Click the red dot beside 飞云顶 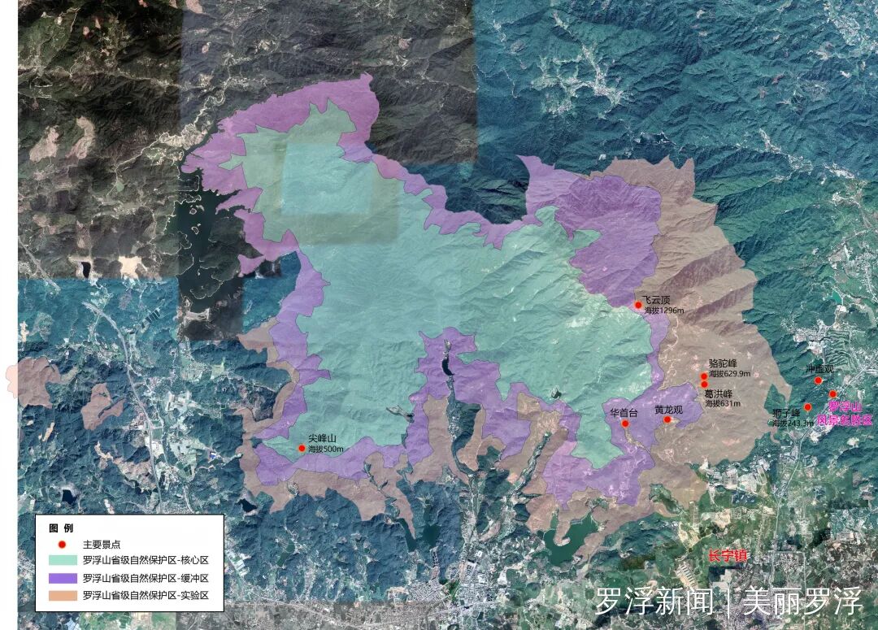pyautogui.click(x=639, y=305)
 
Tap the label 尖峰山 pyautogui.click(x=322, y=439)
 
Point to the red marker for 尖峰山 pyautogui.click(x=302, y=448)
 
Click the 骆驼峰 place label pyautogui.click(x=722, y=363)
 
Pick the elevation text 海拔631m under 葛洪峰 pyautogui.click(x=723, y=403)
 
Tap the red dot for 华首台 pyautogui.click(x=625, y=423)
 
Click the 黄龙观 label pyautogui.click(x=668, y=410)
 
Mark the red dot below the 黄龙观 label pyautogui.click(x=667, y=419)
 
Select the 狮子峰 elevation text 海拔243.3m pyautogui.click(x=792, y=423)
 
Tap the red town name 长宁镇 pyautogui.click(x=727, y=556)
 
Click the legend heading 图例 pyautogui.click(x=61, y=528)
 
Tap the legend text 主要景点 pyautogui.click(x=102, y=544)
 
